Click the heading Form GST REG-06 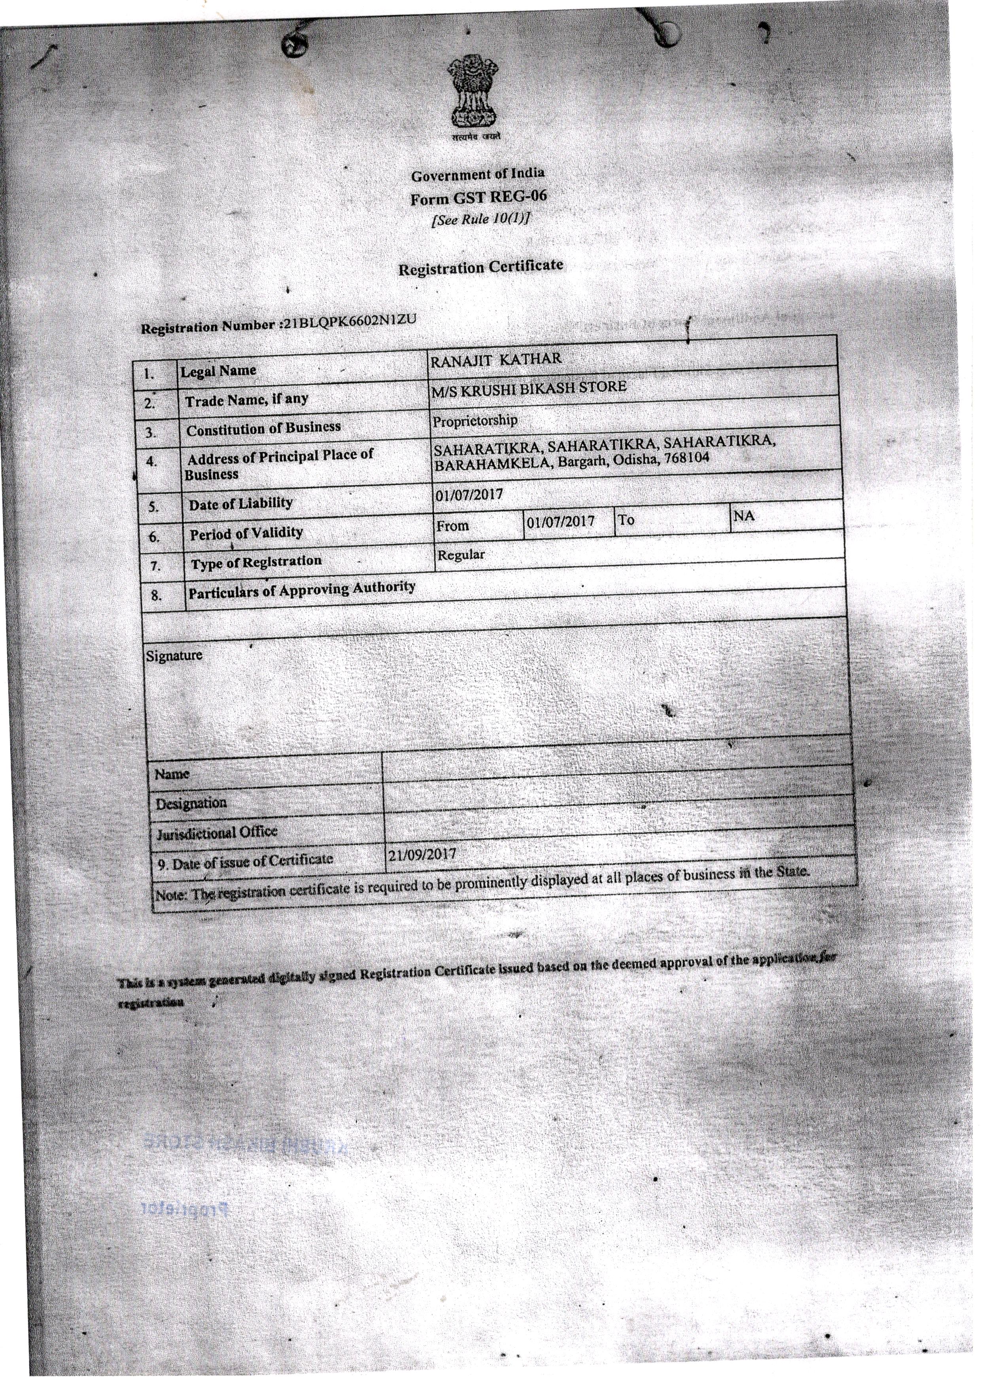click(478, 197)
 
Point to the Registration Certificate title click(480, 267)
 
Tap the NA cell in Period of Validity click(744, 516)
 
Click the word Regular click(461, 554)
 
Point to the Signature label click(174, 655)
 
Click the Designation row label click(191, 803)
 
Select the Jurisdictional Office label click(216, 833)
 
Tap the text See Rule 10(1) click(480, 219)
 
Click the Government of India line click(477, 174)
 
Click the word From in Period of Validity click(452, 526)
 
